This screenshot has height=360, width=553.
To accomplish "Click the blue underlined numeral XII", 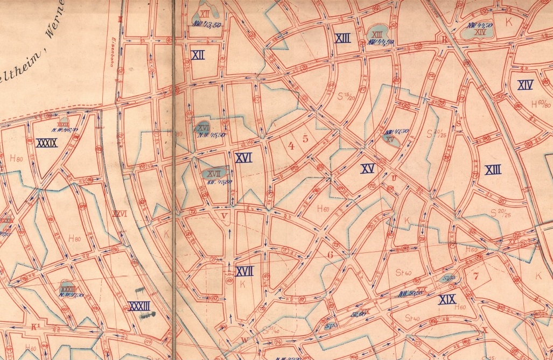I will tap(198, 55).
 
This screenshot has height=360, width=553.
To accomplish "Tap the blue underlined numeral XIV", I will tap(525, 85).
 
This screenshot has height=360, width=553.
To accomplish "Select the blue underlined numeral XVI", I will tap(243, 158).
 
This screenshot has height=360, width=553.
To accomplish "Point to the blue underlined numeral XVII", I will tap(244, 272).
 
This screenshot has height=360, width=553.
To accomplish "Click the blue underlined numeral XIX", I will tap(447, 299).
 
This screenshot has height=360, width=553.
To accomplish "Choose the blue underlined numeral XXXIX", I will tap(46, 143).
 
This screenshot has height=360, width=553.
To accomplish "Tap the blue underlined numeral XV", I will tap(367, 168).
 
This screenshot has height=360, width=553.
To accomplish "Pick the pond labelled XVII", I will tap(214, 173).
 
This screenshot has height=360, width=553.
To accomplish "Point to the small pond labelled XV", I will tap(390, 138).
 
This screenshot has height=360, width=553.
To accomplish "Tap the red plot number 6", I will tap(331, 256).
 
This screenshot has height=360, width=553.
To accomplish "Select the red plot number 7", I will tap(475, 277).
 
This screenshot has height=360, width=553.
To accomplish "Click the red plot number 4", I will tap(291, 145).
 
